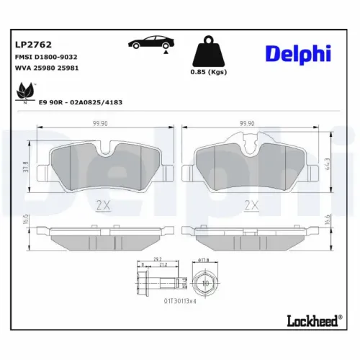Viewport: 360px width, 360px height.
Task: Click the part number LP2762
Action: tap(30, 43)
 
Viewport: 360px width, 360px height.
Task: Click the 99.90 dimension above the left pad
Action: tap(110, 124)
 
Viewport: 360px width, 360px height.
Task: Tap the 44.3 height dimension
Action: tap(328, 166)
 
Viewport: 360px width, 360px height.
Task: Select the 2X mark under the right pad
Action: tap(250, 205)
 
